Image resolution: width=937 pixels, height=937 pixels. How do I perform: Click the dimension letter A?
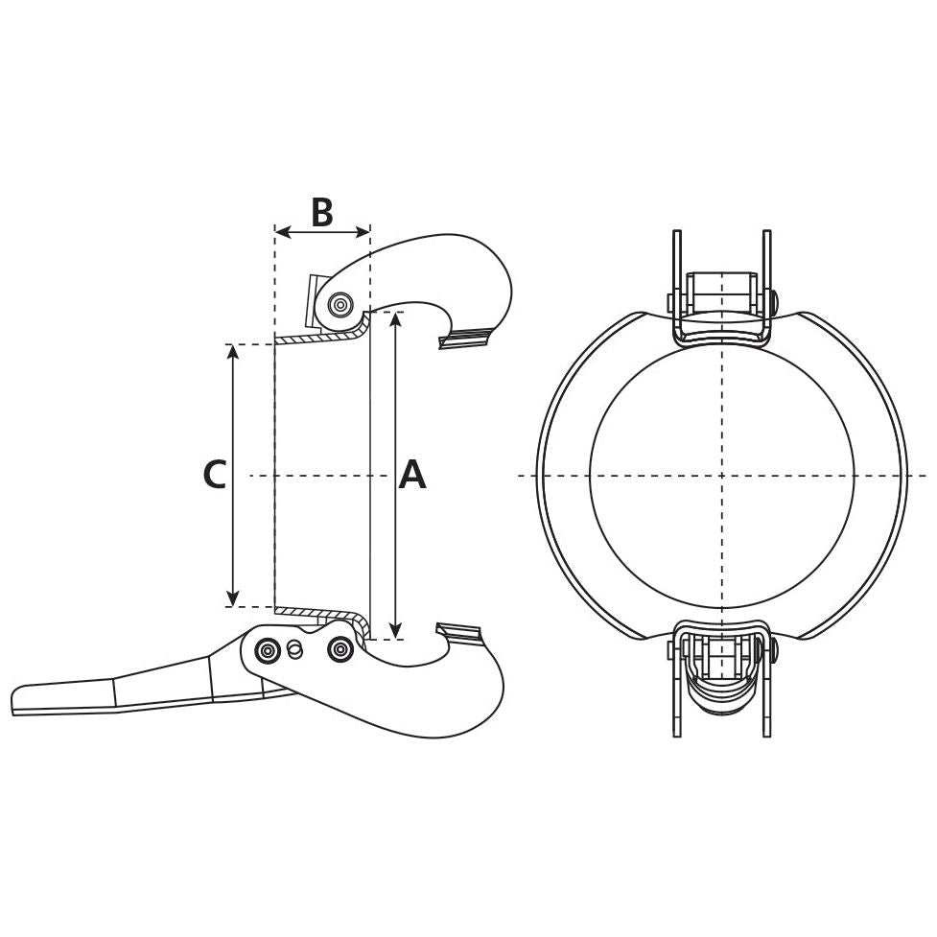pyautogui.click(x=411, y=475)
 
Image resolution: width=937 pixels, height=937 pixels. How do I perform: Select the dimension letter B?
pyautogui.click(x=321, y=212)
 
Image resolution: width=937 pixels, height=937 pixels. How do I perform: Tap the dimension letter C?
pyautogui.click(x=215, y=475)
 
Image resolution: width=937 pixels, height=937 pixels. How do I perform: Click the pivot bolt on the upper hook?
pyautogui.click(x=340, y=305)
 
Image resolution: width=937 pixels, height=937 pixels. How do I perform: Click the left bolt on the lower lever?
pyautogui.click(x=268, y=651)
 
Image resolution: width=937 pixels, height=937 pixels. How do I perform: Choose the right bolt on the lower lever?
pyautogui.click(x=340, y=650)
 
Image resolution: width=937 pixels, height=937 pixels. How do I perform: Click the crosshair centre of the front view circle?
pyautogui.click(x=721, y=475)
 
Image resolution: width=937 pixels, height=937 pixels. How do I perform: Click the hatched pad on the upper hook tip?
pyautogui.click(x=465, y=337)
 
